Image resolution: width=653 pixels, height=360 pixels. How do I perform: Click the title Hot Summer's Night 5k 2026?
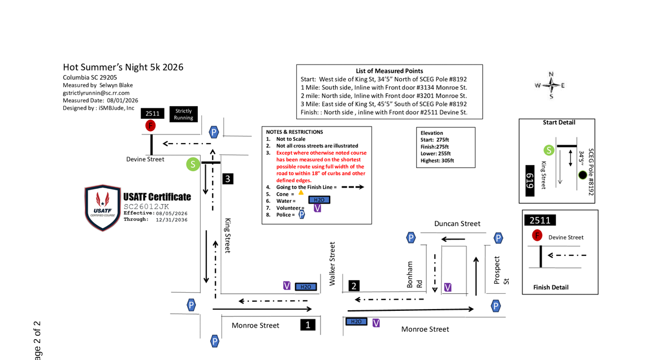click(x=123, y=67)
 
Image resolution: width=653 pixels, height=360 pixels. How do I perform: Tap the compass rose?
click(x=551, y=85)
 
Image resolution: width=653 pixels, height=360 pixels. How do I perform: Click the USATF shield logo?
click(x=102, y=207)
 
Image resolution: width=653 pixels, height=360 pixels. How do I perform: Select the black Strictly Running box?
click(x=183, y=114)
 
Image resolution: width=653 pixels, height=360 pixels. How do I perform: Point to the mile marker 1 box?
click(x=308, y=325)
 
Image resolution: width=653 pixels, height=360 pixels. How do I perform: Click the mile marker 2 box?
click(x=353, y=286)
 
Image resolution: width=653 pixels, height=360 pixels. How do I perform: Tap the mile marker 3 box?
click(x=227, y=179)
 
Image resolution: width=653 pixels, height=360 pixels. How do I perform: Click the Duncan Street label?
click(x=457, y=223)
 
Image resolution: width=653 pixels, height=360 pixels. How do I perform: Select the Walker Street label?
click(x=332, y=264)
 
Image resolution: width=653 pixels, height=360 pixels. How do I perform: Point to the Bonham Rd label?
click(x=414, y=275)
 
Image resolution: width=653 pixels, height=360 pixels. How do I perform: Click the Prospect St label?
click(x=501, y=271)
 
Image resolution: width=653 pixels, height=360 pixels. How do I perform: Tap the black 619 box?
click(x=530, y=181)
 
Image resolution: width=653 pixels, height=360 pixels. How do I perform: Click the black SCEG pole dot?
click(x=583, y=175)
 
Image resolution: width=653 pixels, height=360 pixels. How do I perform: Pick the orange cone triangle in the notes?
click(x=301, y=192)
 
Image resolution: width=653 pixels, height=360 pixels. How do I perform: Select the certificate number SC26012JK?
click(x=146, y=206)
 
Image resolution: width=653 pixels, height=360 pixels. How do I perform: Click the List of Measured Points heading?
click(x=390, y=71)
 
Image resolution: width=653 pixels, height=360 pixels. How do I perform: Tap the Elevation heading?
click(x=431, y=133)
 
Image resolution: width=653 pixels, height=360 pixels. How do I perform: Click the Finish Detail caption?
click(x=551, y=287)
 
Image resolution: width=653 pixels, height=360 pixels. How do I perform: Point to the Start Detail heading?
click(x=559, y=123)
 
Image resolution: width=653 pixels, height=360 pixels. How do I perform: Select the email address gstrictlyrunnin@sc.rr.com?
click(x=96, y=93)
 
